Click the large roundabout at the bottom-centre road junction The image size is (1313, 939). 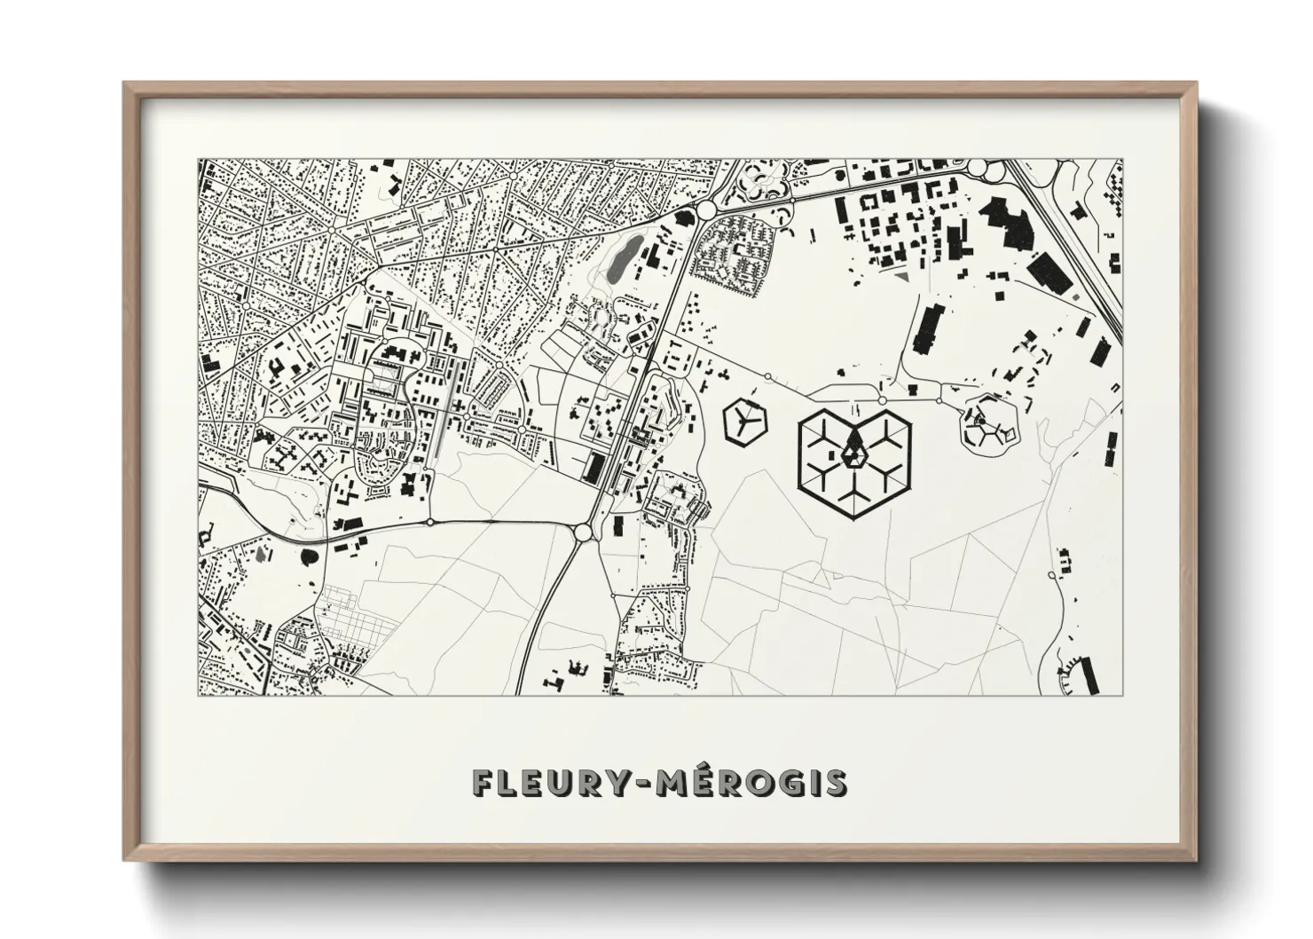tap(583, 533)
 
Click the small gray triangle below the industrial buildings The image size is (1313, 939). tap(901, 277)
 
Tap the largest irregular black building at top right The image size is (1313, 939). tap(1010, 213)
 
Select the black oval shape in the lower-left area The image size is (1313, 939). tap(309, 558)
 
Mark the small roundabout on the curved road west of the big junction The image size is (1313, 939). tap(429, 522)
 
